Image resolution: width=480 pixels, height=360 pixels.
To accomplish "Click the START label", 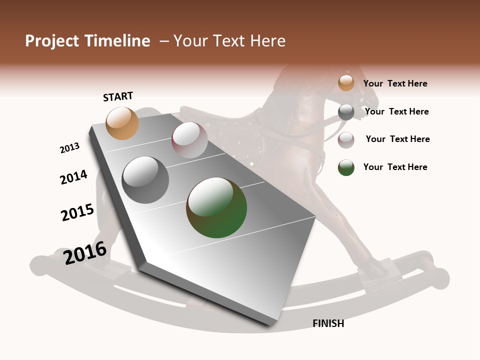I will click(118, 96).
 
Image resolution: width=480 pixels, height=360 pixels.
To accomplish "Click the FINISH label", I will click(328, 323).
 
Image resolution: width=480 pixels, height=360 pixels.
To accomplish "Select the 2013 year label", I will click(69, 148).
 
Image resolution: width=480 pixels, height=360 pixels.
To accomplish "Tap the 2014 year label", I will click(73, 177).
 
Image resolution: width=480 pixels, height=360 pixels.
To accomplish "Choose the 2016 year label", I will click(85, 252).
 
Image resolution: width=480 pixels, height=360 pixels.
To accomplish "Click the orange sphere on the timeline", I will click(122, 123).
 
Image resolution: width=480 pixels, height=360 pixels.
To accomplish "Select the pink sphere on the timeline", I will click(189, 140).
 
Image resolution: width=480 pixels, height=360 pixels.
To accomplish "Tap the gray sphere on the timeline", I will click(145, 180).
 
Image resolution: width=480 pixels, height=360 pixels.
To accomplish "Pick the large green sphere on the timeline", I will click(216, 207).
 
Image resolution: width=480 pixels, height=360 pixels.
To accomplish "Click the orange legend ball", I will click(346, 83).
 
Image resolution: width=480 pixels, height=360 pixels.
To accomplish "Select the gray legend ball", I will click(346, 112).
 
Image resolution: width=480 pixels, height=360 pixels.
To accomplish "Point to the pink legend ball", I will click(346, 140).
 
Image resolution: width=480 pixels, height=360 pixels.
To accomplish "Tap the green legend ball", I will click(346, 167).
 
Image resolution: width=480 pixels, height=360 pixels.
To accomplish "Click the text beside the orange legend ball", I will click(395, 83).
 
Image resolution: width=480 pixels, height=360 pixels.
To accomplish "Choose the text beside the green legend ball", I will click(395, 167).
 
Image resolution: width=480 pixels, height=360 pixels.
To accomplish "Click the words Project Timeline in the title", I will click(87, 41).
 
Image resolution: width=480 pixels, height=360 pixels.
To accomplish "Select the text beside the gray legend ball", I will click(396, 111).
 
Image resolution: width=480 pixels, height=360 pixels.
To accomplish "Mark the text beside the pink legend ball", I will click(397, 139).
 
